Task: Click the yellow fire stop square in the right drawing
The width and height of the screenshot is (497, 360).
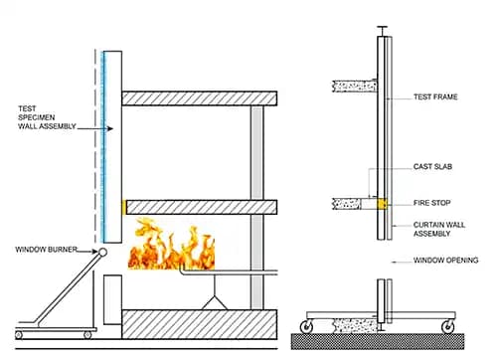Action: pos(380,205)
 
